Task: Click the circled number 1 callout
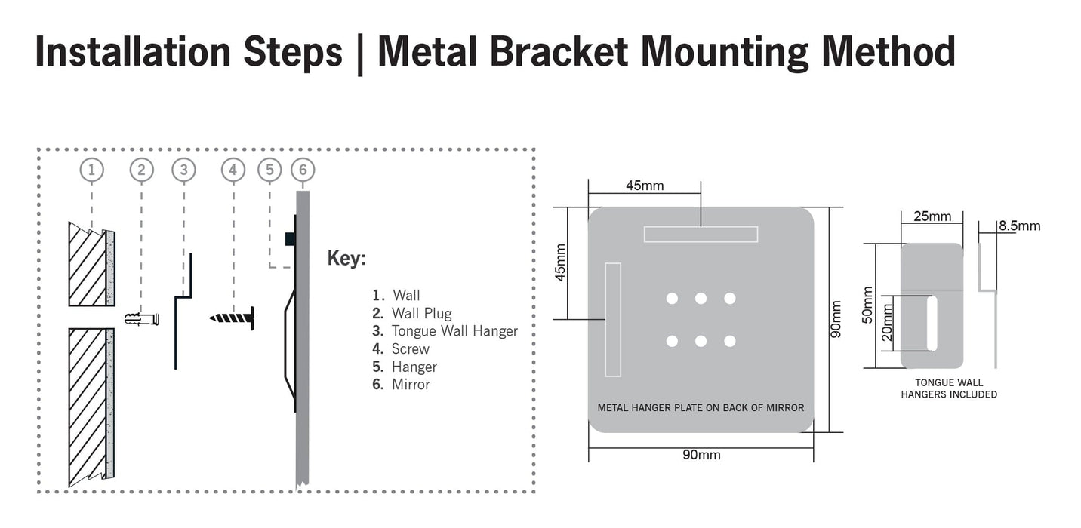[x=91, y=170]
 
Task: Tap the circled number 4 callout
[x=233, y=170]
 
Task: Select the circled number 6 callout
[x=303, y=170]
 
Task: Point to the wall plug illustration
[x=143, y=319]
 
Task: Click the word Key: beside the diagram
[x=346, y=258]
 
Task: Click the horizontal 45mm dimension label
[x=645, y=186]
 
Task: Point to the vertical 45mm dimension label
[x=561, y=262]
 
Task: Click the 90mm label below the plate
[x=701, y=455]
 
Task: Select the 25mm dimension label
[x=932, y=216]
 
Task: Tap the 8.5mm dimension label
[x=1019, y=226]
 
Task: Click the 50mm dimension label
[x=867, y=305]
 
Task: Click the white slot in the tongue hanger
[x=932, y=322]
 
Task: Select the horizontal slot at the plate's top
[x=701, y=234]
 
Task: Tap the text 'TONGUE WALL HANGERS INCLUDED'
[x=949, y=388]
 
